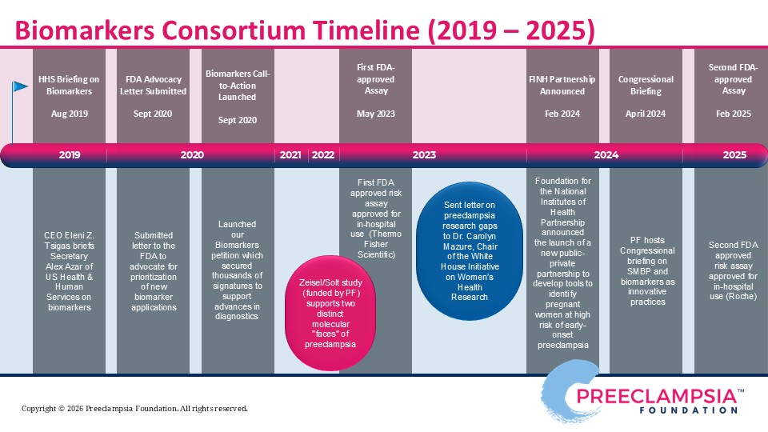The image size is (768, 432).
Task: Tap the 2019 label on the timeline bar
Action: (x=69, y=155)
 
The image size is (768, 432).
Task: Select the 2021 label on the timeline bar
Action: (x=290, y=155)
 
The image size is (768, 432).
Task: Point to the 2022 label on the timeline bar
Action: (x=322, y=155)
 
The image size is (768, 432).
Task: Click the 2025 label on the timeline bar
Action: (x=734, y=155)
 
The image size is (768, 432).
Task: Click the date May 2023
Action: (x=376, y=114)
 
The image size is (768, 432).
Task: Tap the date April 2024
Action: (x=646, y=114)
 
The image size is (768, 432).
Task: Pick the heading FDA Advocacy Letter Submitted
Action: (x=155, y=86)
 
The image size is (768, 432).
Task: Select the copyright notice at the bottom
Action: (x=134, y=409)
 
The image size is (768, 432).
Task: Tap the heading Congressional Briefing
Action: (x=646, y=86)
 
